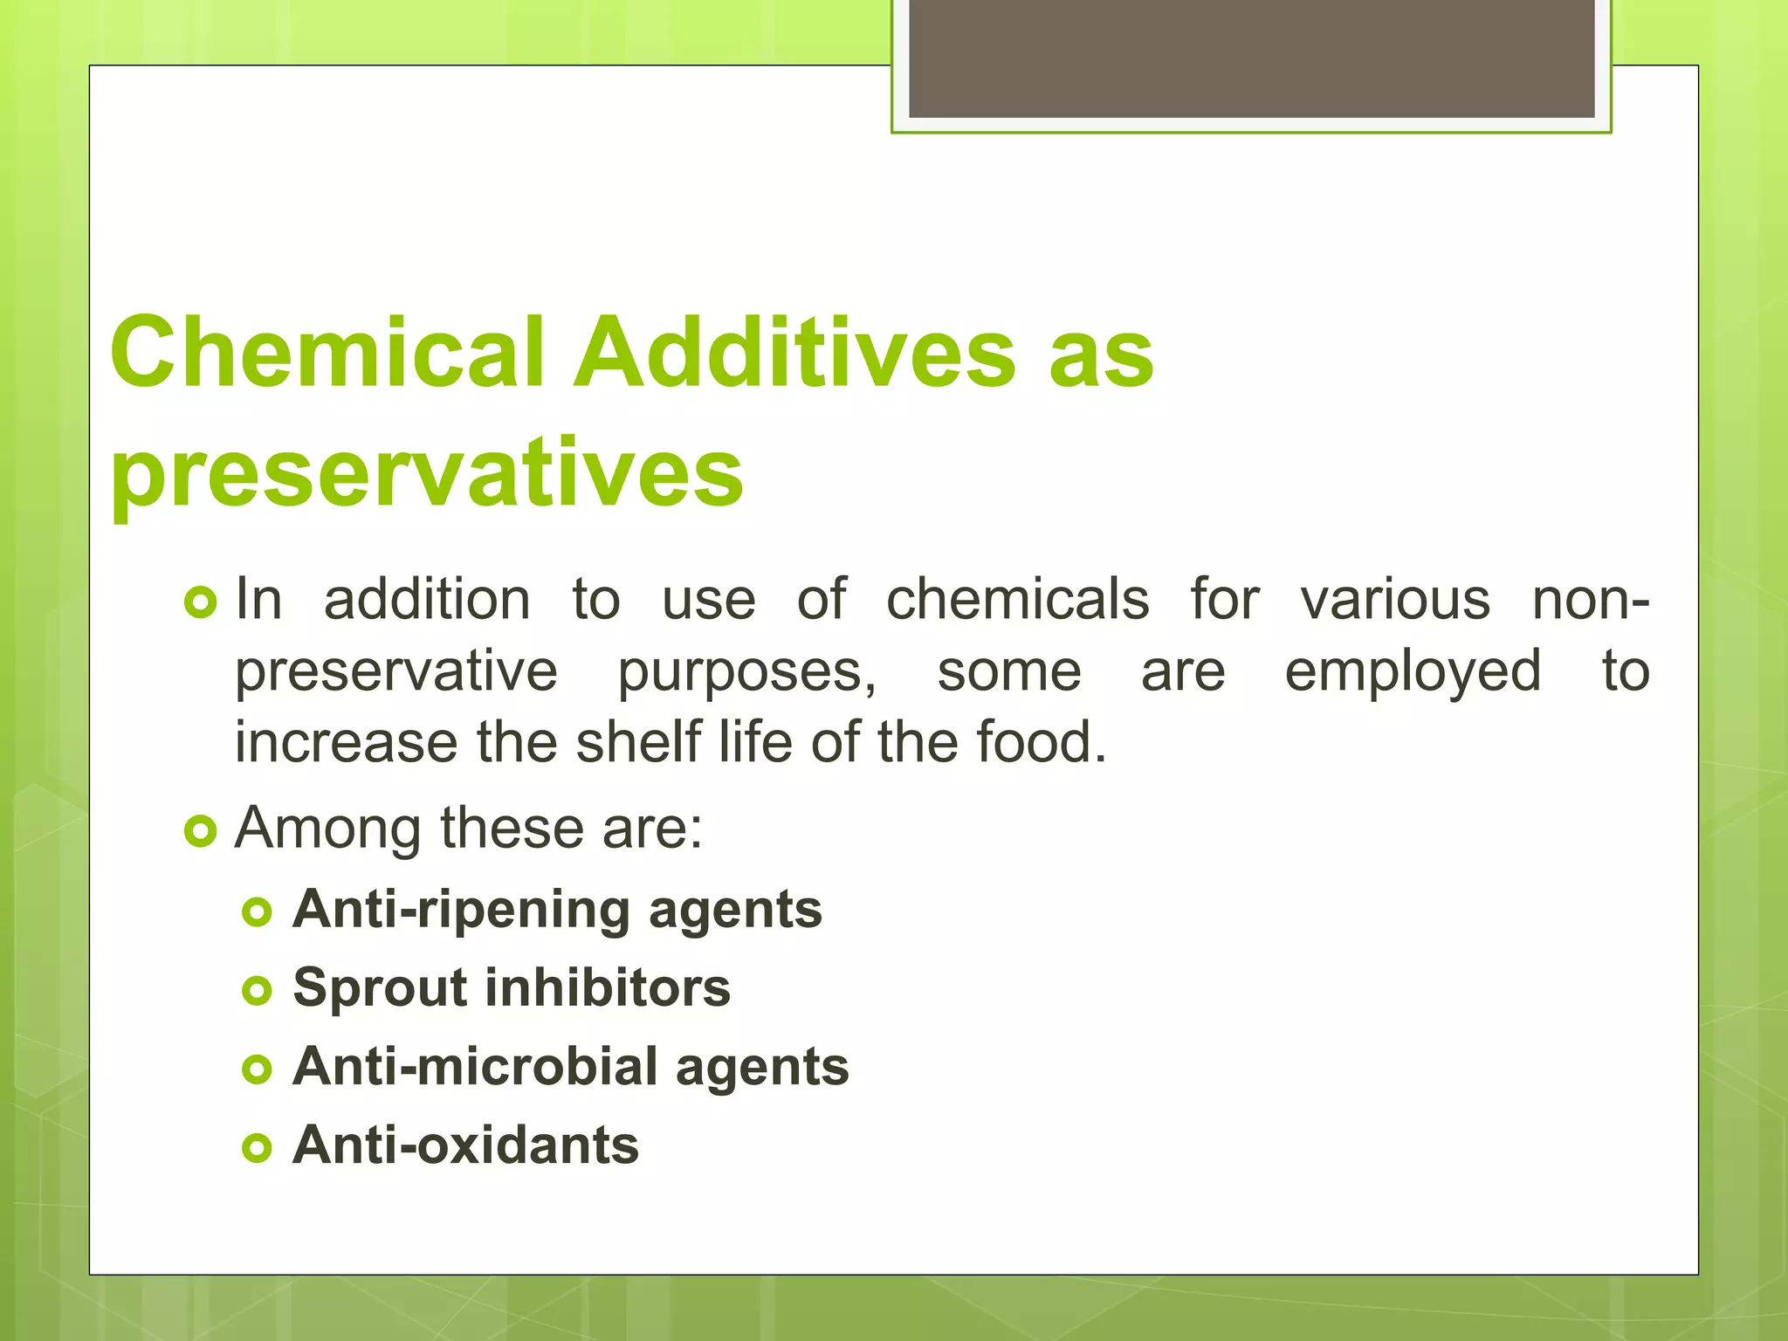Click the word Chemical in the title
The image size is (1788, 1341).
tap(327, 353)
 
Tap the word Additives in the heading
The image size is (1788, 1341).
tap(794, 353)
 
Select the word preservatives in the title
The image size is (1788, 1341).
tap(427, 473)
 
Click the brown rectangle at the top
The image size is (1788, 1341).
tap(1251, 58)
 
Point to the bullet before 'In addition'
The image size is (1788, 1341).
tap(200, 602)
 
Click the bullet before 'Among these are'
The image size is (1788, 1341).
tap(200, 830)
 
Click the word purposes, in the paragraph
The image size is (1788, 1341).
tap(747, 672)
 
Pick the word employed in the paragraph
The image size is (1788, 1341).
tap(1413, 672)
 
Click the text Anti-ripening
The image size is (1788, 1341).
tap(461, 910)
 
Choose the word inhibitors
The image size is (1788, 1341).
tap(608, 988)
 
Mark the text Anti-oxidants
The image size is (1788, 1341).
tap(465, 1145)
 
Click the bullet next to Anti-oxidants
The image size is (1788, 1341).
tap(257, 1148)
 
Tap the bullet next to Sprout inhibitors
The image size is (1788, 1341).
tap(257, 991)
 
